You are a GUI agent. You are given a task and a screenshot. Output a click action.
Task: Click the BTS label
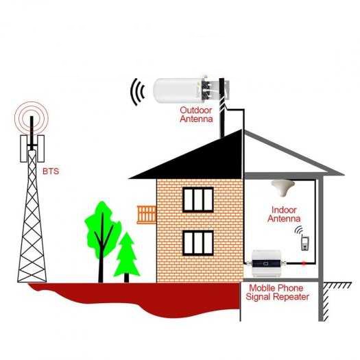(x=51, y=171)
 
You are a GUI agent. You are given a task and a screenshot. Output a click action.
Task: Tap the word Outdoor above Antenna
(x=196, y=110)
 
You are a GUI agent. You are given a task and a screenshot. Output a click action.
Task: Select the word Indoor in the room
(x=284, y=210)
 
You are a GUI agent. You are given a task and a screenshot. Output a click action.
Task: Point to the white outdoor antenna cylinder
(x=177, y=91)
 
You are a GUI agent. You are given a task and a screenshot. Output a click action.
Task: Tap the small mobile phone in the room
(x=304, y=243)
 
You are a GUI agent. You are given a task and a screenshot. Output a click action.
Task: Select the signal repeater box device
(x=267, y=263)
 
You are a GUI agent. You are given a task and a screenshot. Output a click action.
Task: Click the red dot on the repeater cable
(x=304, y=263)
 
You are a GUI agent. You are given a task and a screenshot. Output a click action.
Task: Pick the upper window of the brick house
(x=198, y=200)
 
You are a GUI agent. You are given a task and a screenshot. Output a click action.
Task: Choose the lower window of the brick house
(x=198, y=243)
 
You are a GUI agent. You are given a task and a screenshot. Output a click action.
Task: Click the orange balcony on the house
(x=147, y=215)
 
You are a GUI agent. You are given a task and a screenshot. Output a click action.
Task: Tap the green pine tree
(x=126, y=257)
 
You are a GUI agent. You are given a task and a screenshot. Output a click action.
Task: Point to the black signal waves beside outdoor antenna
(x=137, y=92)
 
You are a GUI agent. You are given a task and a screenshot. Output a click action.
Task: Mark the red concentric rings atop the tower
(x=32, y=118)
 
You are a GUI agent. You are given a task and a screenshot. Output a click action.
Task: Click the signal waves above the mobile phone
(x=299, y=230)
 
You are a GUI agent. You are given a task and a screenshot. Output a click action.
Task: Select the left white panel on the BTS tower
(x=24, y=149)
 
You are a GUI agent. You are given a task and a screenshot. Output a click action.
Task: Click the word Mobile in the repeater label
(x=262, y=288)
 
